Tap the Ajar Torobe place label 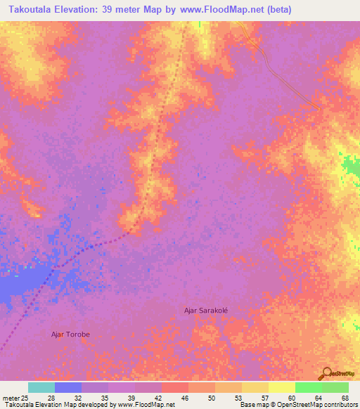pyautogui.click(x=70, y=335)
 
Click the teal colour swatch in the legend pyautogui.click(x=41, y=387)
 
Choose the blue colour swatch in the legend pyautogui.click(x=68, y=387)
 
